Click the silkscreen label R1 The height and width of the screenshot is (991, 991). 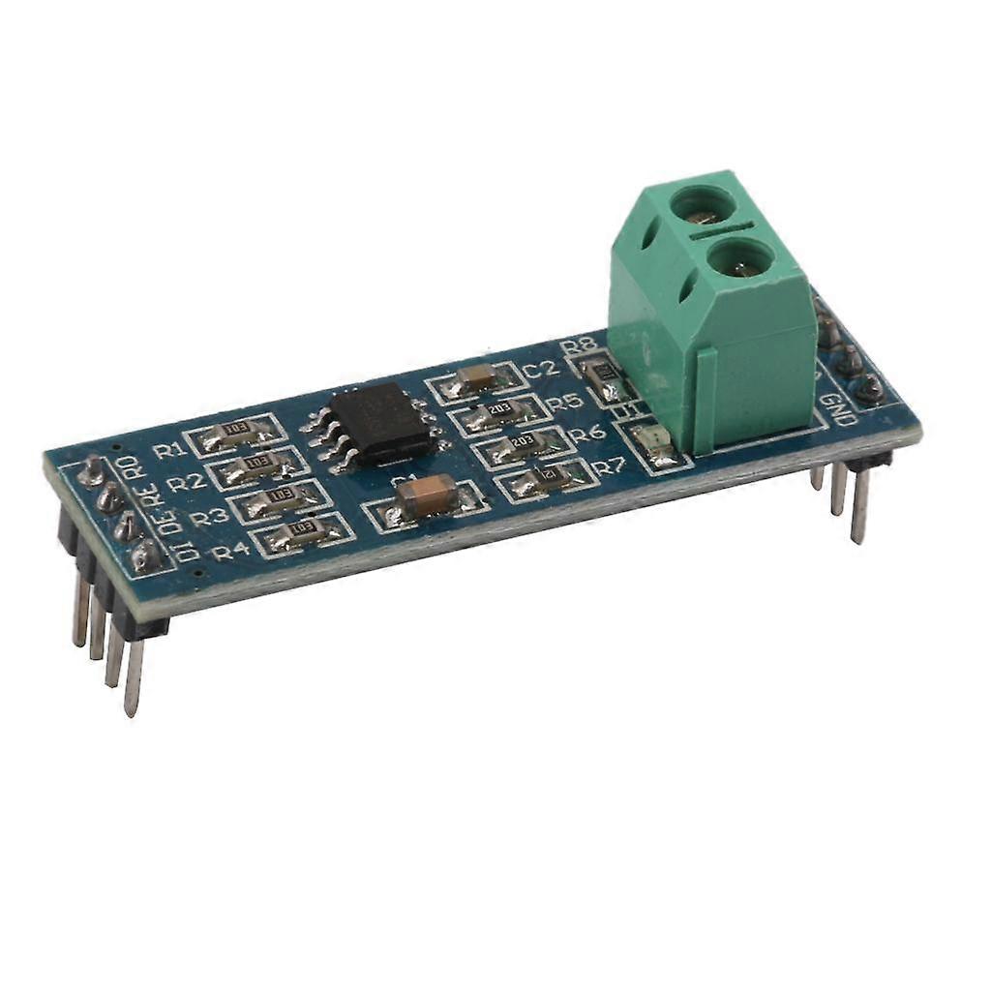[167, 450]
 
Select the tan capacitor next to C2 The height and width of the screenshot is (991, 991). [477, 378]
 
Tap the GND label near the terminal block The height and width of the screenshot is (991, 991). [837, 409]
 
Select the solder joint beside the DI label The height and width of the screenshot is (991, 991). [145, 556]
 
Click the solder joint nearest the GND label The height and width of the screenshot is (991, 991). [869, 389]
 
